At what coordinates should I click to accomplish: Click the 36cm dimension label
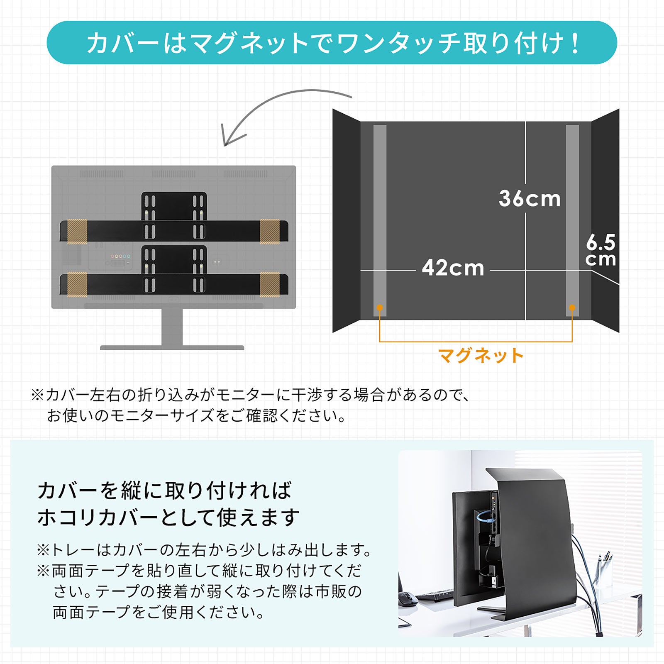530,198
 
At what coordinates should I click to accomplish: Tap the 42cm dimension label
453,268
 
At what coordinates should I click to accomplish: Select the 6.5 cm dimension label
601,251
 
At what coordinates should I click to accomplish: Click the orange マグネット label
481,356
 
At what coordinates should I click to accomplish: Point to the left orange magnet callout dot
379,308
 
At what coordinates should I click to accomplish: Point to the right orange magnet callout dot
572,308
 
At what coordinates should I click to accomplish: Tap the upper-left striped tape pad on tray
77,231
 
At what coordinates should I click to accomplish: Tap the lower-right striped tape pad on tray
270,285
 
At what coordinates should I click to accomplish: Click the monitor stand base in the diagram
172,348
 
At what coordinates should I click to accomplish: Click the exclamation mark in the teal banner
575,43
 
